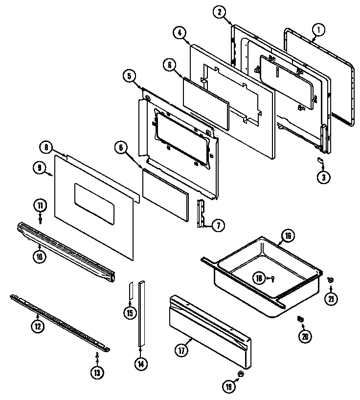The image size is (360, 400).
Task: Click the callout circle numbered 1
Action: pyautogui.click(x=318, y=30)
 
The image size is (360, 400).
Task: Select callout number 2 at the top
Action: pyautogui.click(x=220, y=12)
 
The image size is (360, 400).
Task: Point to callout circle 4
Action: pyautogui.click(x=179, y=33)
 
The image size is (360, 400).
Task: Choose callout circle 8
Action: pyautogui.click(x=45, y=146)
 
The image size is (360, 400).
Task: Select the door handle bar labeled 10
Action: pyautogui.click(x=66, y=252)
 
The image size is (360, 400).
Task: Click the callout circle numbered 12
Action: pyautogui.click(x=38, y=327)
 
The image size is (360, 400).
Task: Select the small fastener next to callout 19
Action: pyautogui.click(x=240, y=375)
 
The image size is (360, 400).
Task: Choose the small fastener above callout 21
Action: pyautogui.click(x=330, y=280)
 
